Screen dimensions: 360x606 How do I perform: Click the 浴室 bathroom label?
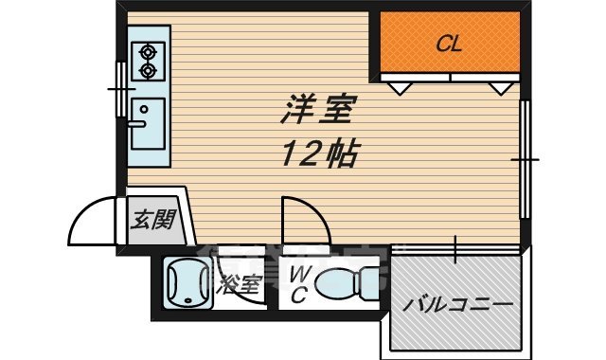(239, 283)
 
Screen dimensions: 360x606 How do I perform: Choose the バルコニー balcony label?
(457, 305)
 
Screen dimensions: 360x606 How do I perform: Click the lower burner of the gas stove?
(148, 70)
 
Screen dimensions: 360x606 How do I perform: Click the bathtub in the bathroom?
(187, 283)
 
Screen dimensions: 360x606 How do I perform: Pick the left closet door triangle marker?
(400, 88)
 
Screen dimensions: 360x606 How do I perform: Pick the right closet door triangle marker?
(499, 88)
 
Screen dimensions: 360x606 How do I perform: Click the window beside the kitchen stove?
(120, 87)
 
